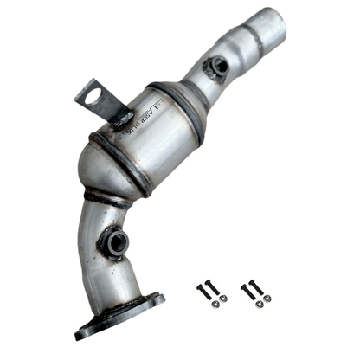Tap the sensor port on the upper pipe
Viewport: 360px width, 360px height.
click(x=217, y=65)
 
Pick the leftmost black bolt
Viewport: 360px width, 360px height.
click(x=205, y=291)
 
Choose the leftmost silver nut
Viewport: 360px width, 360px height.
click(x=210, y=302)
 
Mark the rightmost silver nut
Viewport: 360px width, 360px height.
click(x=267, y=299)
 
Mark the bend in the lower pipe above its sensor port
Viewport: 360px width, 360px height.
click(x=100, y=212)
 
